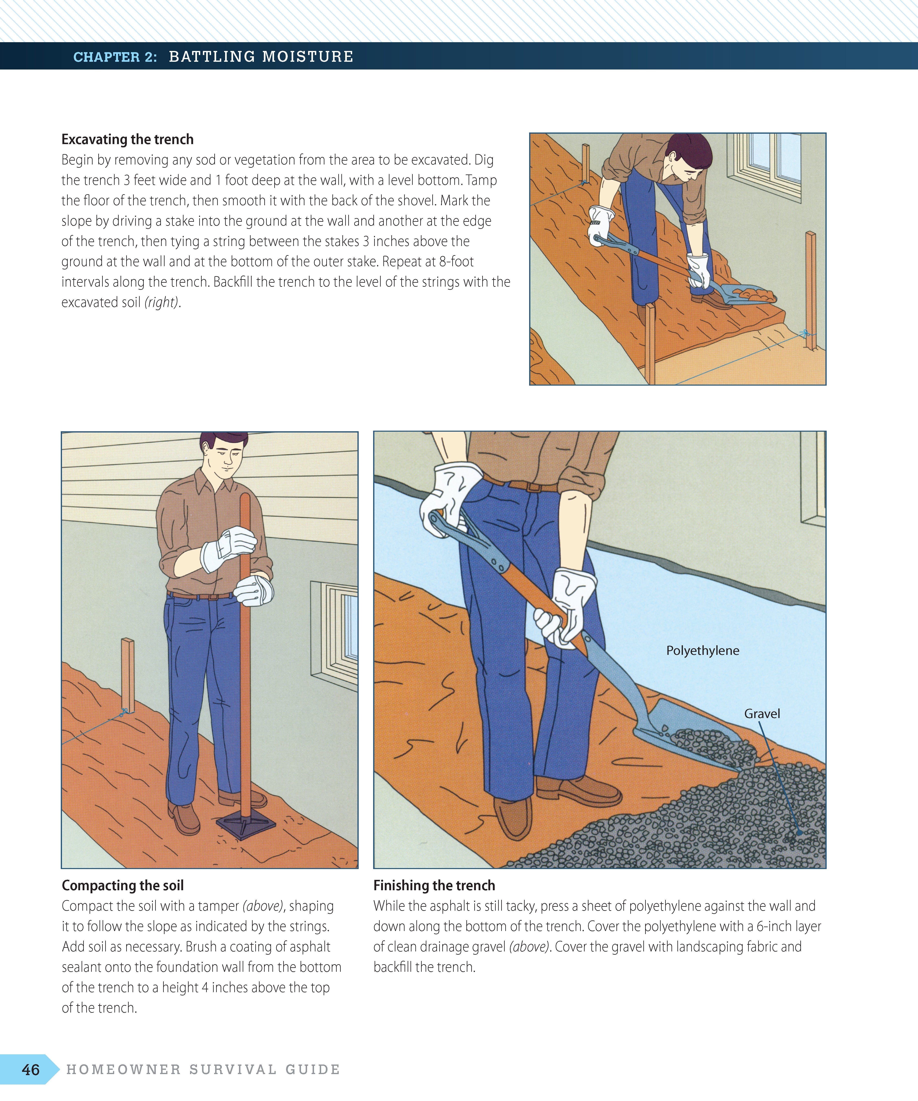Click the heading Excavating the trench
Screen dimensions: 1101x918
coord(127,139)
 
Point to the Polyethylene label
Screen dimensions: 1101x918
coord(702,651)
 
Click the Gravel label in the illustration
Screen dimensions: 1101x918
coord(762,714)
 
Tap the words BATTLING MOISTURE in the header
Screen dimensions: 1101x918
coord(261,57)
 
